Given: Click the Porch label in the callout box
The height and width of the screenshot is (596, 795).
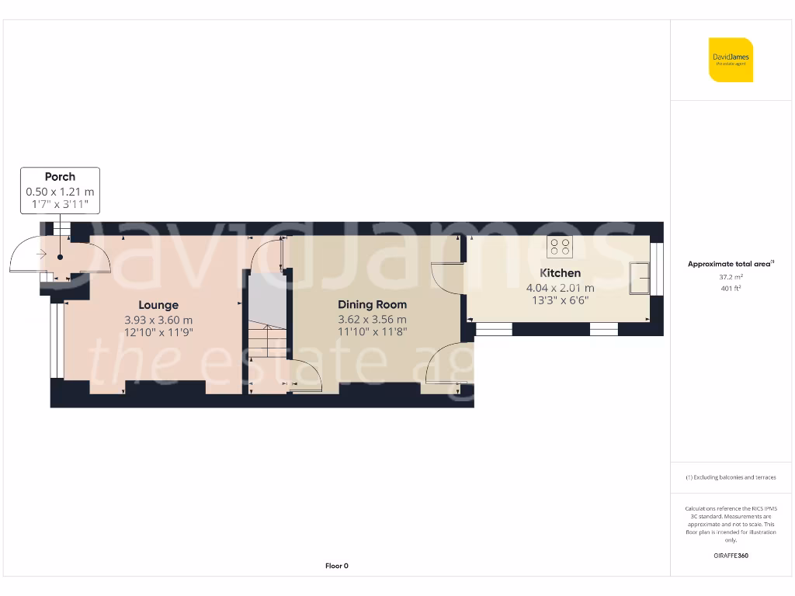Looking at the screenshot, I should pos(60,177).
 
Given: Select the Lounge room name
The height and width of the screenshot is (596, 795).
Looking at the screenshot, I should pos(158,305).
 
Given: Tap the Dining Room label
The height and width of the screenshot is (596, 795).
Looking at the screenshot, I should pos(372,305).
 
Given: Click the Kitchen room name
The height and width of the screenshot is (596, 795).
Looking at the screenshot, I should pos(560,273).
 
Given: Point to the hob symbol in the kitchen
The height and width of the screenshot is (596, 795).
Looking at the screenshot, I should pos(559,247).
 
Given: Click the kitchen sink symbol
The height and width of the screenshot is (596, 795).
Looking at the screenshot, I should pos(641,279).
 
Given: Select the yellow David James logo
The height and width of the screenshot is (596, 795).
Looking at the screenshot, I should pos(731,60).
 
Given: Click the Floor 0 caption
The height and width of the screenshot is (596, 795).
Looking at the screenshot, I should pos(336,566).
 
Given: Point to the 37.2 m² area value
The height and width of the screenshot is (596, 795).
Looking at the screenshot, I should pos(731,277).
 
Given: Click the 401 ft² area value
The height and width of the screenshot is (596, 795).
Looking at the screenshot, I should pos(731,289).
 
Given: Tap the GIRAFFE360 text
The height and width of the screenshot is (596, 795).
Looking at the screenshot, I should pos(731,556).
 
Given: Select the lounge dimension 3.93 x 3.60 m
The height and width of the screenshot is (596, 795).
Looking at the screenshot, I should pos(158,320).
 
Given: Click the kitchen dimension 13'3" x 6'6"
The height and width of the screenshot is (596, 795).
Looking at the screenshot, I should pos(560,300).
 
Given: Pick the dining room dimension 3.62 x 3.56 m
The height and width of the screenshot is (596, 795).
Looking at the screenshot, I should pos(372,320).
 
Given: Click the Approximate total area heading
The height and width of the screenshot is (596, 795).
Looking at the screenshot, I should pos(730,264).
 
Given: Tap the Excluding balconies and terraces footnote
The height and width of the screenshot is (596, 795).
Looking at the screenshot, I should pos(731,477).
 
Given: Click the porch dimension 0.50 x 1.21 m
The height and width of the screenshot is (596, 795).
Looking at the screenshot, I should pos(60,192).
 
